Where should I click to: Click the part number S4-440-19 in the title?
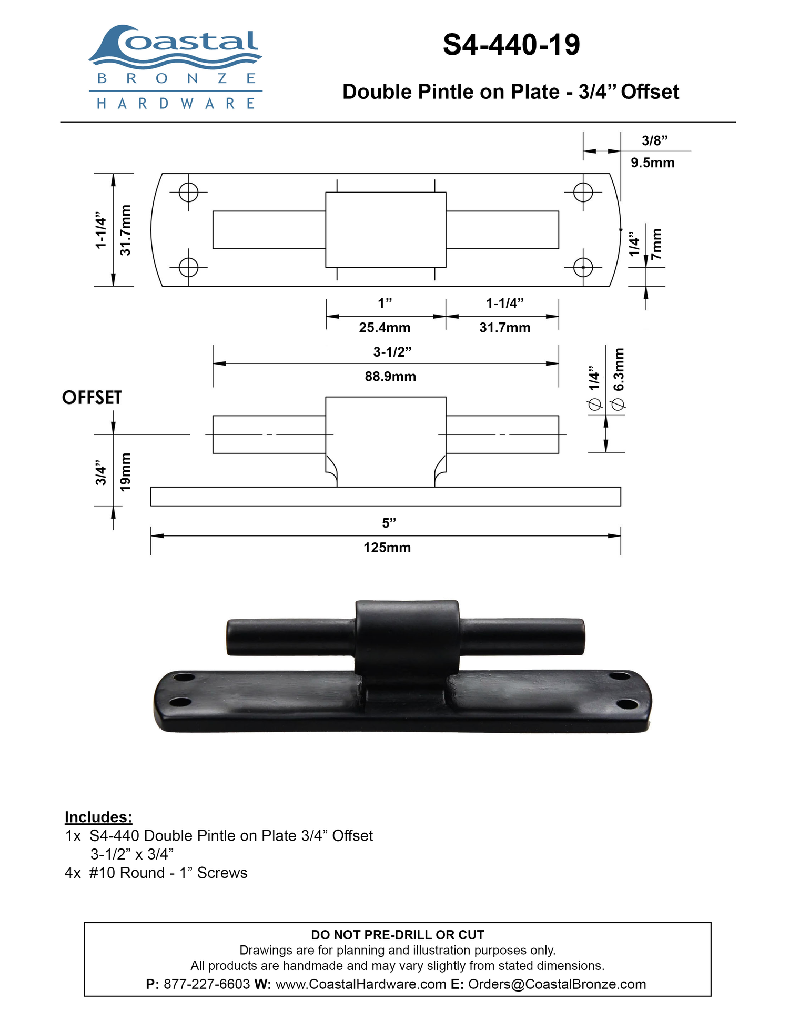coord(511,45)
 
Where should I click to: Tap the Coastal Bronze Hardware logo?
coord(175,67)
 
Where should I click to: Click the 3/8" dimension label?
coord(654,140)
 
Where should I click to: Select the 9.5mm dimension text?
coord(653,163)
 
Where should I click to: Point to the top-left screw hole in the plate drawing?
coord(188,192)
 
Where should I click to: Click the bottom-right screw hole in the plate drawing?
coord(583,267)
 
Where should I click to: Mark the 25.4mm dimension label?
coord(385,328)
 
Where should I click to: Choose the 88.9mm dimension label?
coord(390,377)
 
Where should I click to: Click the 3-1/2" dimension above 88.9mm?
coord(392,352)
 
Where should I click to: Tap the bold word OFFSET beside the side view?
coord(92,398)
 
